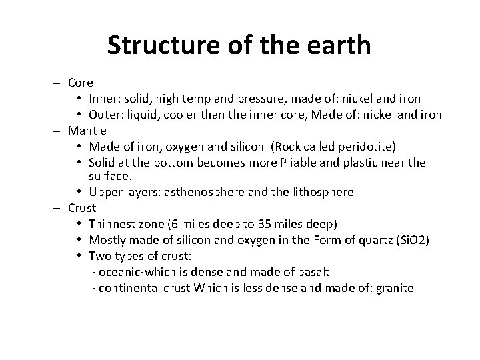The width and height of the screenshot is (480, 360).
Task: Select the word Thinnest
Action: tap(115, 223)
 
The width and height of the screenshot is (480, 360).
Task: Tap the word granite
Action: tap(394, 288)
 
